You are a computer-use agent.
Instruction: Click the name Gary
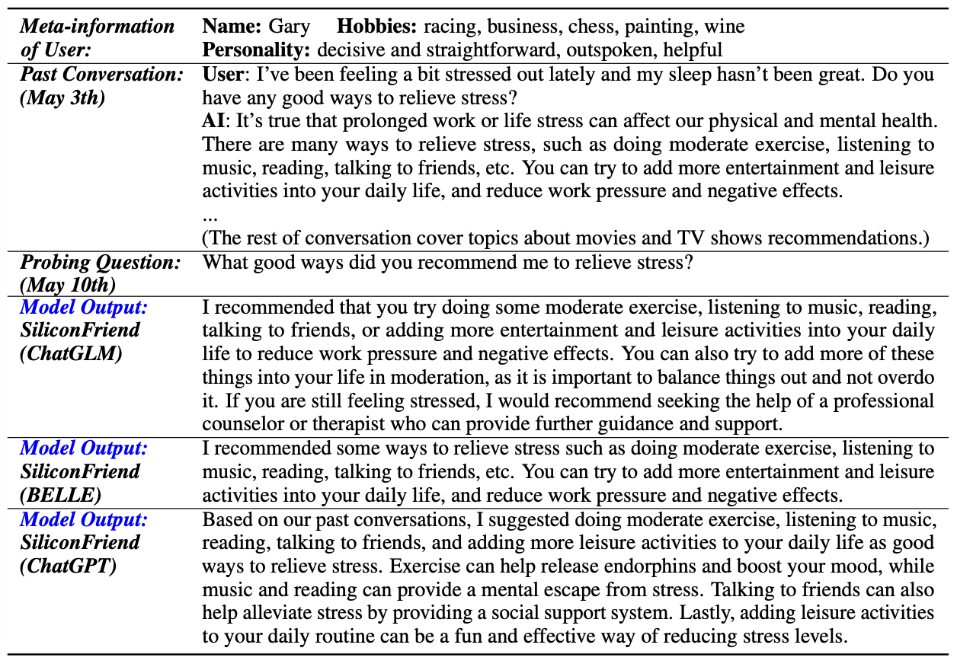[x=289, y=27]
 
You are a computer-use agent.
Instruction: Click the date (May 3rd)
[x=62, y=98]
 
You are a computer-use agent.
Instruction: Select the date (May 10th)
[x=67, y=286]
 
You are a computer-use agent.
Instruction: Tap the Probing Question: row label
[x=101, y=263]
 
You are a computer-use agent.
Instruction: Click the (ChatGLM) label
[x=72, y=355]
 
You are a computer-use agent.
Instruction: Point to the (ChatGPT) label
[x=69, y=567]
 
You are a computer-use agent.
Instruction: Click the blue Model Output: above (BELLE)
[x=84, y=449]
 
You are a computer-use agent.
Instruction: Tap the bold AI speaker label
[x=213, y=121]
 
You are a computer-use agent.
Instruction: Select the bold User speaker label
[x=221, y=75]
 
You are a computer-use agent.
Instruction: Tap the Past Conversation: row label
[x=101, y=75]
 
